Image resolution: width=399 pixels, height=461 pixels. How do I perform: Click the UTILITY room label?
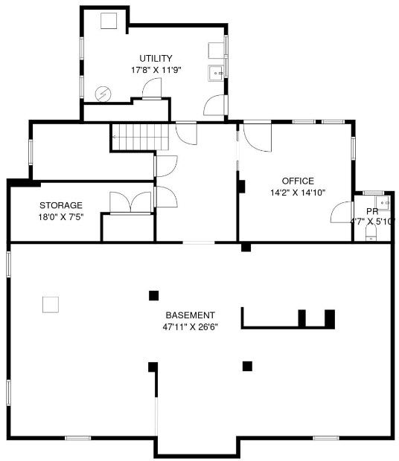156,58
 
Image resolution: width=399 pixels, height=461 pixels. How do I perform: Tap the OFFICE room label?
298,181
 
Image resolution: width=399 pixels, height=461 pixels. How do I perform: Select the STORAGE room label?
61,205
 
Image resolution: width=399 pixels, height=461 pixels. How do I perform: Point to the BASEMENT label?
190,315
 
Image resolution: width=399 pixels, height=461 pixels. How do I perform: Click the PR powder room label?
372,211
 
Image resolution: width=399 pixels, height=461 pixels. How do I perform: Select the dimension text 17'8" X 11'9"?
156,71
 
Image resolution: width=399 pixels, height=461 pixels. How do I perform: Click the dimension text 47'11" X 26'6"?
190,327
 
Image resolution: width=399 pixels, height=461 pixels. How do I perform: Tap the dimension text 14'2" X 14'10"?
298,193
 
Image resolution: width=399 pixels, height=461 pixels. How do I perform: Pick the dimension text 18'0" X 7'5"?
61,217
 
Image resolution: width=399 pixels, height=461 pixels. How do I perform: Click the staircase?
140,137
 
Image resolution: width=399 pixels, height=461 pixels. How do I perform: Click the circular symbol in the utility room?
103,94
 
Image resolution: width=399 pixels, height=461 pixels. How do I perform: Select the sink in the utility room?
217,73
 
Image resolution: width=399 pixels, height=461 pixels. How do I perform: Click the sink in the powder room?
383,202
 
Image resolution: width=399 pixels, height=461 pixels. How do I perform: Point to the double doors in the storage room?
130,202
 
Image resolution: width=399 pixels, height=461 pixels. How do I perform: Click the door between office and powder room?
342,212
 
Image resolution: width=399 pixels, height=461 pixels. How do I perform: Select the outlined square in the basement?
51,305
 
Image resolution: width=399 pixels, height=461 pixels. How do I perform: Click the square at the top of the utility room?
109,21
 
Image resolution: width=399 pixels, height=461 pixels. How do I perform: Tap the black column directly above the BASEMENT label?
153,295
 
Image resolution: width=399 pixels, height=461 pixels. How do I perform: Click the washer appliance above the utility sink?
217,51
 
